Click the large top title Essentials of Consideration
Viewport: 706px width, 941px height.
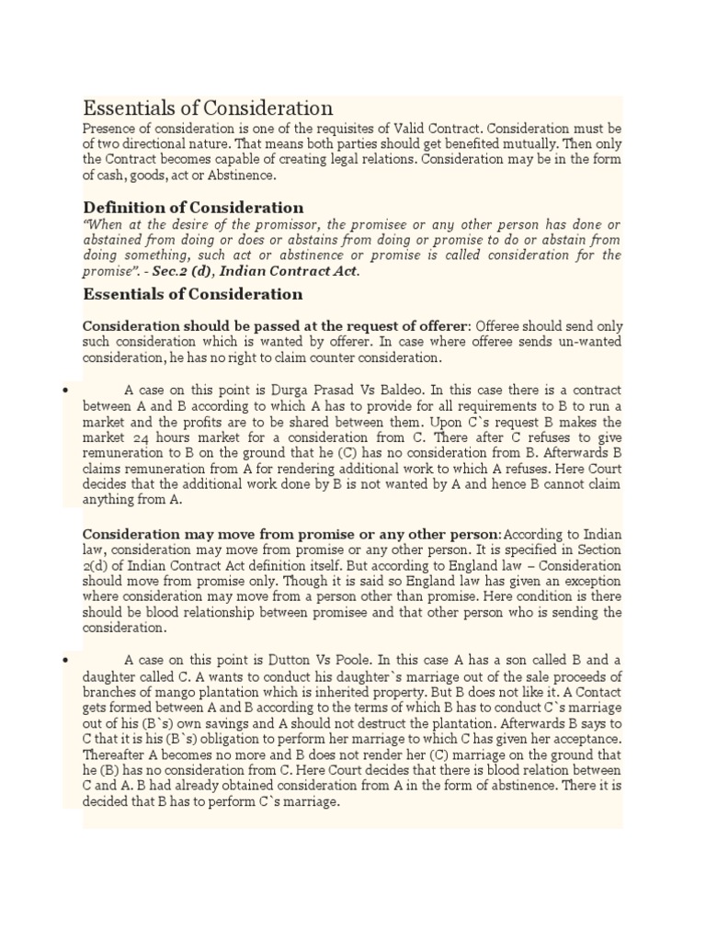coord(208,108)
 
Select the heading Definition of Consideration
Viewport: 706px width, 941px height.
coord(193,208)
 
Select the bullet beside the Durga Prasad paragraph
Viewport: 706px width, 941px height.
coord(67,391)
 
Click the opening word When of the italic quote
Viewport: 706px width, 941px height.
coord(105,224)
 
